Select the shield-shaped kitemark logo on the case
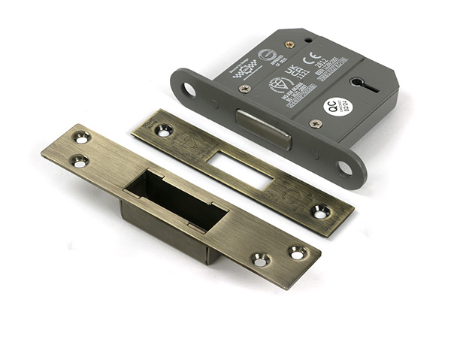277,84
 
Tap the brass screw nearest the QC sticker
316,123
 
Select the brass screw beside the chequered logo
245,88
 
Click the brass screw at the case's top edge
289,44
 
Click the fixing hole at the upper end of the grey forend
188,89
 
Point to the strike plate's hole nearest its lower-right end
298,253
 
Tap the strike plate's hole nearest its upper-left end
81,138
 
